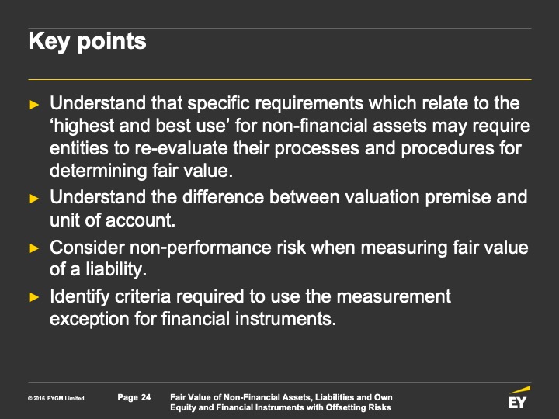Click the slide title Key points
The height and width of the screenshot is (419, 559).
pyautogui.click(x=87, y=42)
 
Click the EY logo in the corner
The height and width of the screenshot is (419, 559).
pyautogui.click(x=519, y=397)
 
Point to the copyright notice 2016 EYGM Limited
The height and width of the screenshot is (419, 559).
pyautogui.click(x=57, y=398)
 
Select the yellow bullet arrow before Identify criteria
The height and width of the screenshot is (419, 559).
pyautogui.click(x=34, y=296)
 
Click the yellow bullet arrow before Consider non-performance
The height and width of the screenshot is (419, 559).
pyautogui.click(x=34, y=248)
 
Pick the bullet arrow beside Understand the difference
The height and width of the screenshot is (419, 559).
pyautogui.click(x=34, y=198)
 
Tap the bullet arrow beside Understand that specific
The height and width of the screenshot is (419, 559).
pyautogui.click(x=34, y=105)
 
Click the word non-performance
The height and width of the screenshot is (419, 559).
pyautogui.click(x=200, y=248)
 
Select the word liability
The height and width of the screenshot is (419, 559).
pyautogui.click(x=116, y=269)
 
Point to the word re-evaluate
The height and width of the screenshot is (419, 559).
pyautogui.click(x=181, y=148)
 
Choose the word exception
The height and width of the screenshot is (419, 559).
pyautogui.click(x=89, y=319)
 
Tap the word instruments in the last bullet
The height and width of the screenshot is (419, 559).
pyautogui.click(x=286, y=319)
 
